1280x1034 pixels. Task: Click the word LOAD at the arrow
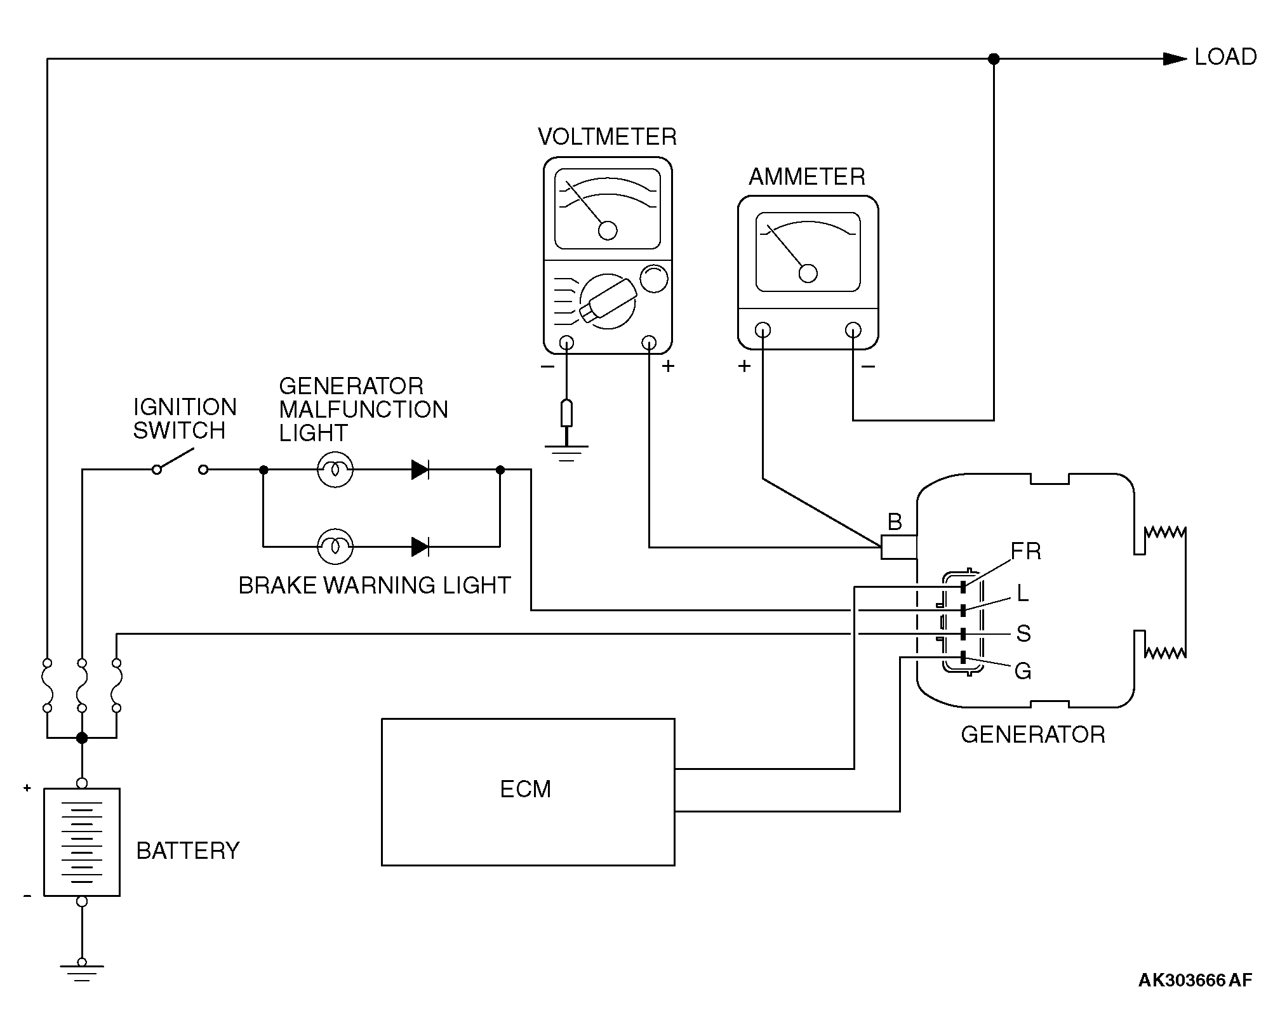point(1225,57)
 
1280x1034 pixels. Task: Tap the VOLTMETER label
point(607,137)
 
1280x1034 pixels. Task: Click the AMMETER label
point(807,176)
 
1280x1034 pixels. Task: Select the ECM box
point(528,792)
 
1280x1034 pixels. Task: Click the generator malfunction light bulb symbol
point(335,470)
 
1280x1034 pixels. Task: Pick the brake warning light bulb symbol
point(335,546)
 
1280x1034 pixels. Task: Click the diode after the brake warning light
point(420,546)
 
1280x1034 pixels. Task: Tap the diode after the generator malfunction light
point(420,470)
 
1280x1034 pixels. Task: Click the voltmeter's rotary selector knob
point(608,302)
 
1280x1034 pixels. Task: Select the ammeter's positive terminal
point(763,330)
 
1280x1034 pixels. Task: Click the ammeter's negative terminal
point(853,330)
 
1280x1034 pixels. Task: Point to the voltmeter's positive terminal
point(649,343)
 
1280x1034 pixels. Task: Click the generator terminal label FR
point(1025,552)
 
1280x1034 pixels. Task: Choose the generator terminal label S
point(1023,633)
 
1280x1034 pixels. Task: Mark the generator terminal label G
point(1022,671)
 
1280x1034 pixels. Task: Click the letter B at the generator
point(895,522)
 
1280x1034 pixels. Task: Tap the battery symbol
point(82,842)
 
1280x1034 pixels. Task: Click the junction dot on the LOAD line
point(994,59)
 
